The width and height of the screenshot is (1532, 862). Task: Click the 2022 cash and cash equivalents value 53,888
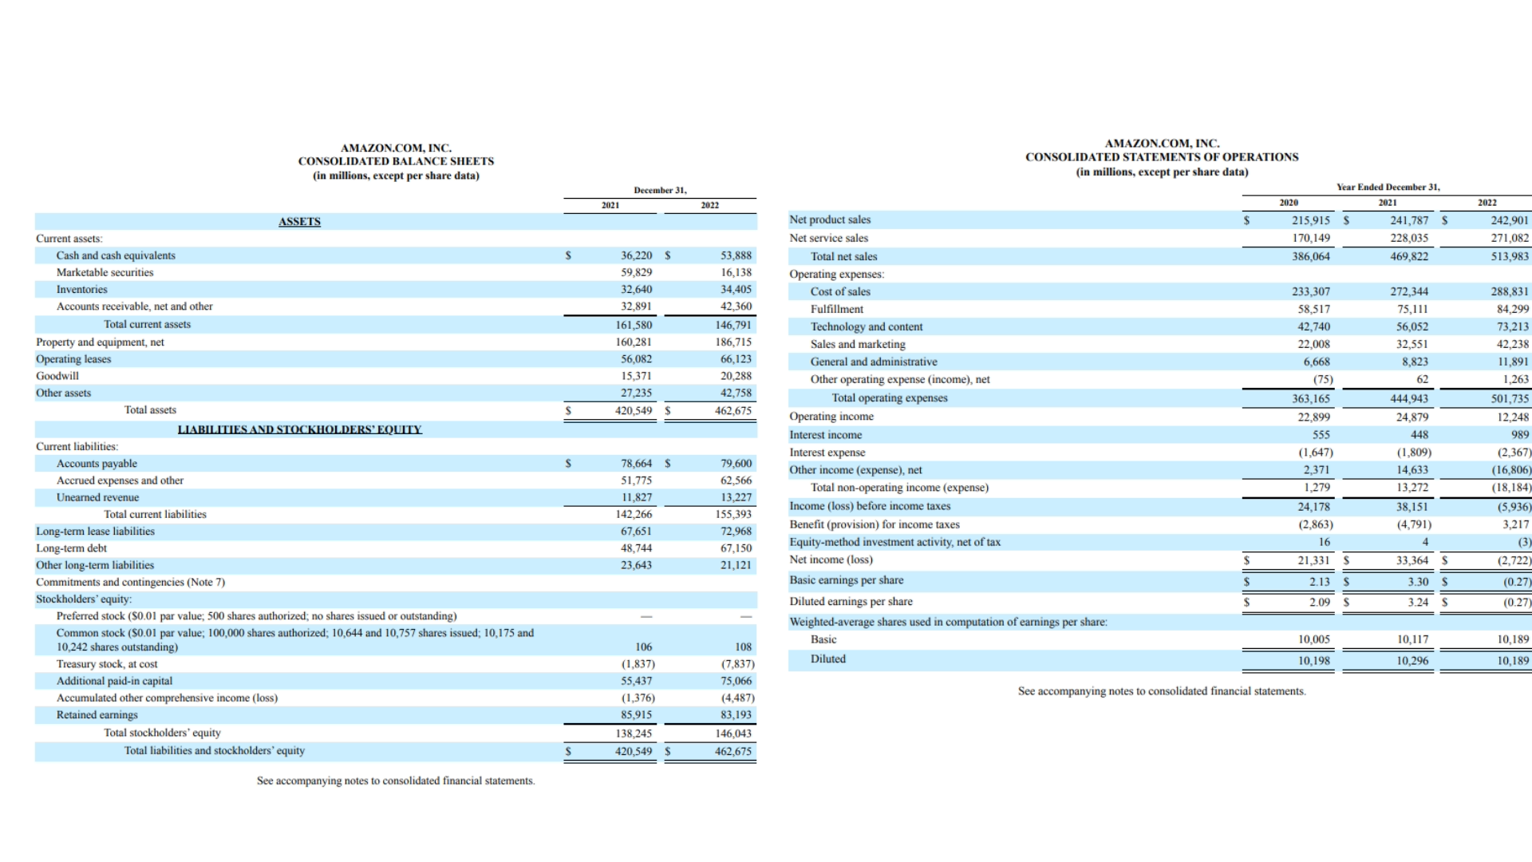[736, 255]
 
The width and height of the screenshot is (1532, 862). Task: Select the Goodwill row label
[57, 376]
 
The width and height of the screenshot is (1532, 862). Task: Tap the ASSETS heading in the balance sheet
[299, 222]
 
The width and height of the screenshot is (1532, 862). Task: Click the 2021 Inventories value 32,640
[636, 290]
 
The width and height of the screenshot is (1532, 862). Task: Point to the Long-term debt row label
[71, 548]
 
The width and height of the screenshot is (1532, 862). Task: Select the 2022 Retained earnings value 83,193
[736, 715]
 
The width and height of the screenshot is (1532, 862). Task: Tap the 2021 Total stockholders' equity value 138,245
[636, 733]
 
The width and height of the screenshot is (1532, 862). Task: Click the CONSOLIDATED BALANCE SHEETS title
[396, 161]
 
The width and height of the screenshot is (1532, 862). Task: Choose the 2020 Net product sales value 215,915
[1311, 220]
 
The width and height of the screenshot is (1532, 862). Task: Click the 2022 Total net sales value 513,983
[1510, 256]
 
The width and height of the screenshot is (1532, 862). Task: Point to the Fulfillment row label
[836, 309]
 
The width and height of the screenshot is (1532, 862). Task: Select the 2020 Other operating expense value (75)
[1323, 380]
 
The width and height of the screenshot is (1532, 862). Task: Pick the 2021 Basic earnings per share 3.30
[1418, 582]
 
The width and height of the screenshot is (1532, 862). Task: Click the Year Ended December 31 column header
[1388, 188]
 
